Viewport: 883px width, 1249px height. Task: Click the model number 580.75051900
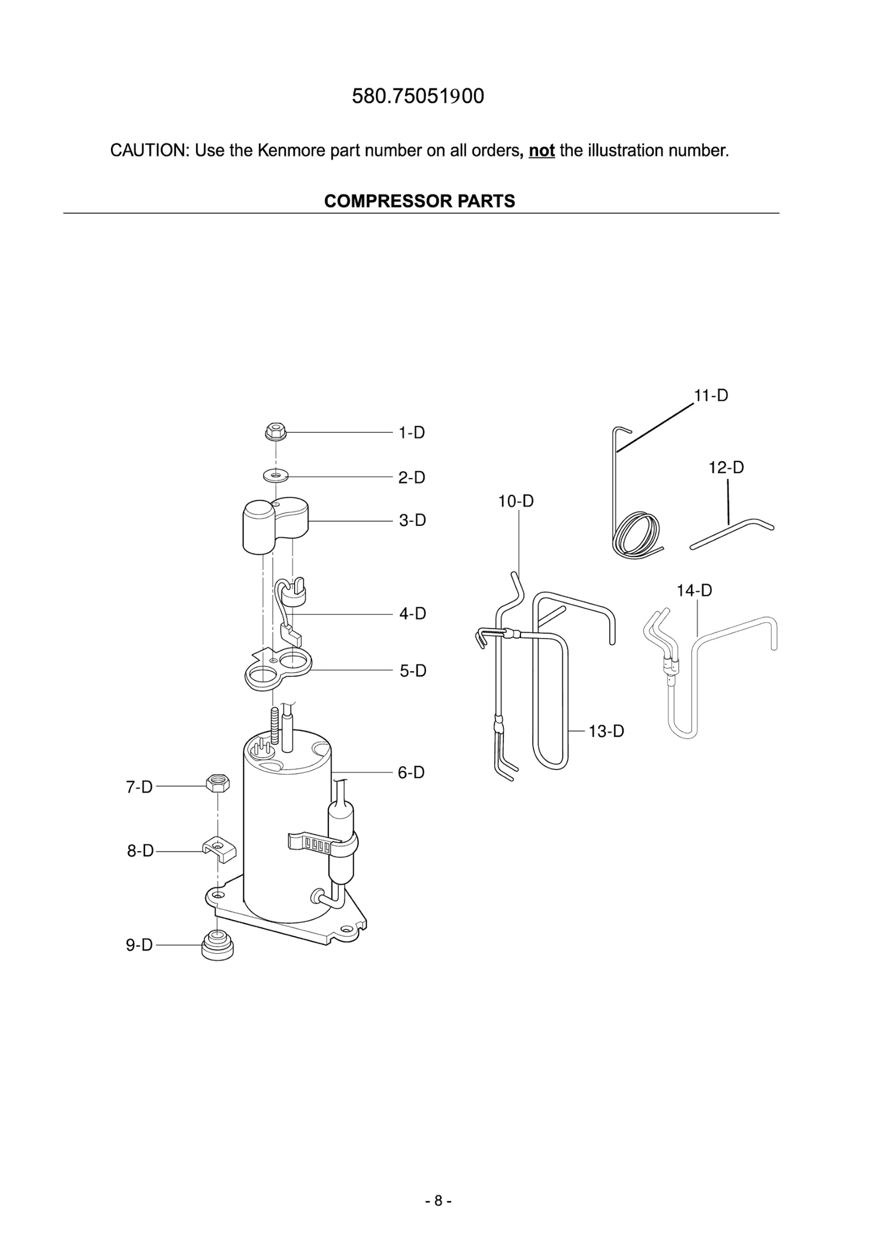point(418,96)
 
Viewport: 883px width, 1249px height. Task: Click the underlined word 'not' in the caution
point(541,150)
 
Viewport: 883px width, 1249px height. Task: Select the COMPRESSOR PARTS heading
point(419,201)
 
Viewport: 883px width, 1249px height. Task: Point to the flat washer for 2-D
point(275,474)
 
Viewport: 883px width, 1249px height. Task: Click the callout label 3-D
point(412,520)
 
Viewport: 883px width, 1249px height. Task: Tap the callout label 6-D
point(411,772)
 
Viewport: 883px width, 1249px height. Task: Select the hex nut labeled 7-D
point(218,783)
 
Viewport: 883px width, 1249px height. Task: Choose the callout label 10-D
point(515,501)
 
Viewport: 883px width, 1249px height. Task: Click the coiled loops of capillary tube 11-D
point(636,534)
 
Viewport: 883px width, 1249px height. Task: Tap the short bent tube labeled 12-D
point(731,534)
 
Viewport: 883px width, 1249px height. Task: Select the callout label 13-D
point(605,731)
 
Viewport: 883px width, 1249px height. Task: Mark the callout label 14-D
point(694,591)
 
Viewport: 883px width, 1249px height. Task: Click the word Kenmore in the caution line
point(291,150)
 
